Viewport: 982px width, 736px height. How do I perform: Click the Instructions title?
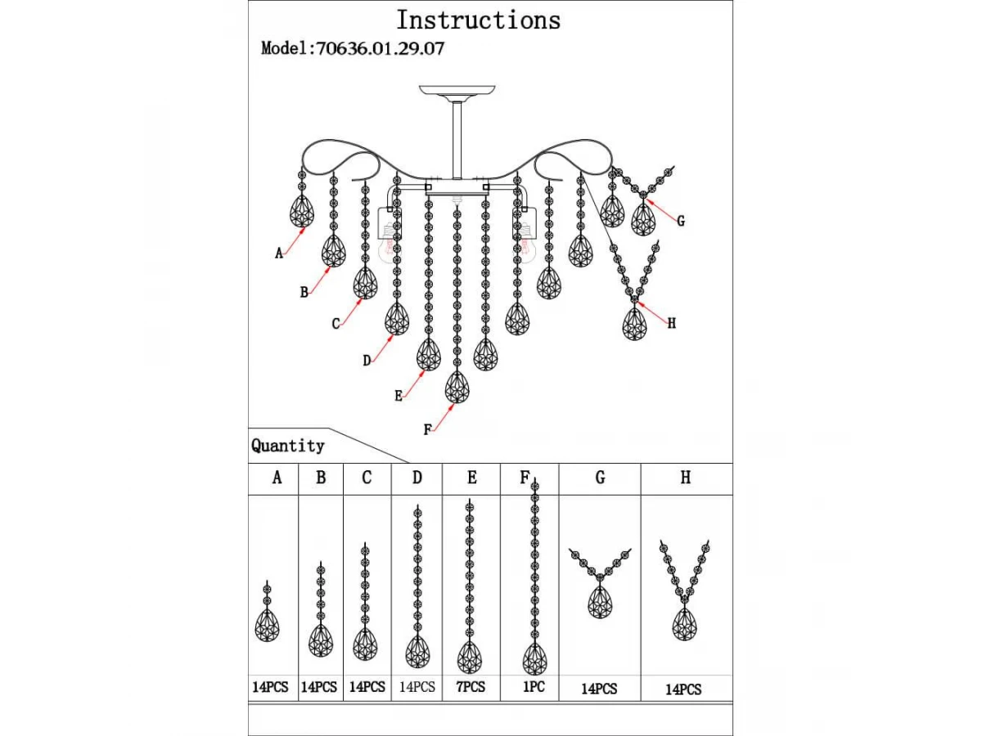[478, 20]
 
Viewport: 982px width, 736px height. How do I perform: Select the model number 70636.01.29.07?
[381, 48]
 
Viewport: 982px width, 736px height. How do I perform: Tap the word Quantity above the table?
[288, 446]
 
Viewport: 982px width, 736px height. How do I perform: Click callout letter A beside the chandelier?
[279, 254]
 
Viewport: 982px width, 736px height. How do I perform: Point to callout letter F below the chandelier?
[427, 429]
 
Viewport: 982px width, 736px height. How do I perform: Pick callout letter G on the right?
[681, 221]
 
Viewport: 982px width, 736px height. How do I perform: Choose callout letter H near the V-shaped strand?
[672, 323]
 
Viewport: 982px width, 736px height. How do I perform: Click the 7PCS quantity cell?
[471, 686]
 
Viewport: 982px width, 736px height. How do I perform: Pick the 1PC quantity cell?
[534, 686]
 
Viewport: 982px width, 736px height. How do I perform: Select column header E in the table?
[471, 478]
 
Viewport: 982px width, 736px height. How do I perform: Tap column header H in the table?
[686, 478]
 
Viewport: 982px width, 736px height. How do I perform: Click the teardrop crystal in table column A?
[267, 626]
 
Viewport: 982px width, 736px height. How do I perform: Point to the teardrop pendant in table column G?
[600, 602]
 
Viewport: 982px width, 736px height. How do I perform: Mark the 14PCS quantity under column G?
[599, 689]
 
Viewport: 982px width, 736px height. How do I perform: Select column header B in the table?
[321, 478]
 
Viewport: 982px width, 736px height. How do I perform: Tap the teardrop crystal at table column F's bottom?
[534, 659]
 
